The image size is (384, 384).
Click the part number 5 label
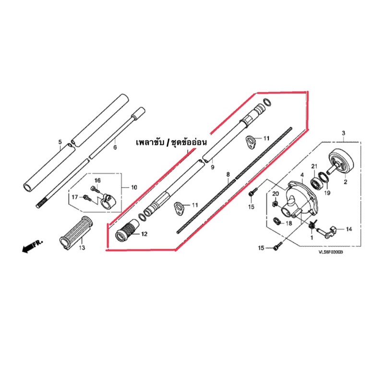click(x=60, y=142)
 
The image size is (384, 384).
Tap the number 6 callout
click(x=115, y=147)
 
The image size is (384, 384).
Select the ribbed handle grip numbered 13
click(x=76, y=233)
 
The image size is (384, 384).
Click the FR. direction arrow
click(x=32, y=246)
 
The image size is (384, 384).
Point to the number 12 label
click(x=144, y=234)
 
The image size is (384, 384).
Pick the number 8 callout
click(x=228, y=174)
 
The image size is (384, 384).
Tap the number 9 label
click(x=212, y=167)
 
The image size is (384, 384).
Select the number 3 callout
click(x=344, y=133)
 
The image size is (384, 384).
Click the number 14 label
click(x=349, y=229)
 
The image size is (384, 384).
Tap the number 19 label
click(x=327, y=193)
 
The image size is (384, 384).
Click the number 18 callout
click(x=289, y=223)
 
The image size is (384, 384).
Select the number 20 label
click(x=276, y=194)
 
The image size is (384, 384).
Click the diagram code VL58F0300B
click(x=331, y=252)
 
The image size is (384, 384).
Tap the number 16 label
click(x=97, y=180)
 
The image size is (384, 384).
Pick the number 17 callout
click(x=75, y=197)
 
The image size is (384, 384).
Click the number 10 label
click(x=134, y=188)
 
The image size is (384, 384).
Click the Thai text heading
click(x=171, y=143)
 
